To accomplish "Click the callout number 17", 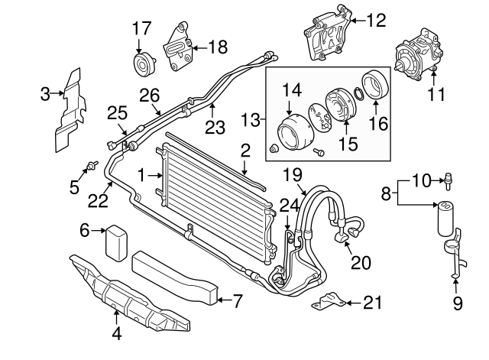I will (141, 29).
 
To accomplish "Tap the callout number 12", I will (377, 21).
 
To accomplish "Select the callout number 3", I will (46, 94).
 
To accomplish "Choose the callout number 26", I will (149, 94).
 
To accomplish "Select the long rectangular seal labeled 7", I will (173, 274).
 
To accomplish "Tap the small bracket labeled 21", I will (327, 301).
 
